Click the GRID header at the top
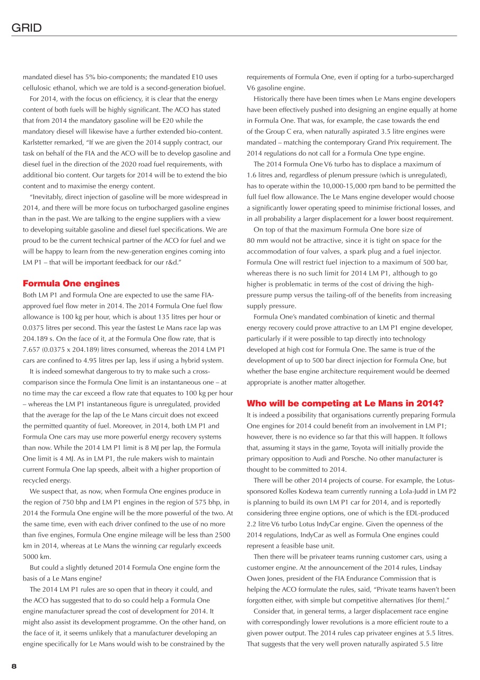[27, 28]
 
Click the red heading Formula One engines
[71, 283]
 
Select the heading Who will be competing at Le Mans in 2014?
[345, 403]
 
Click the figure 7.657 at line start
[31, 338]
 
